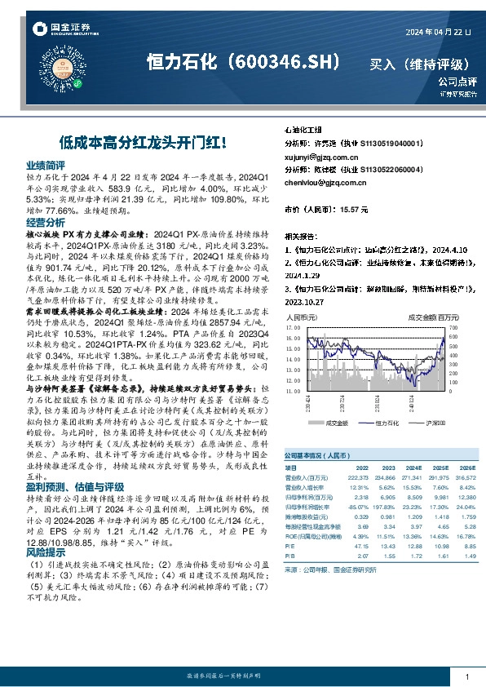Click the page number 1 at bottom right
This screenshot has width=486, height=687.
466,676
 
